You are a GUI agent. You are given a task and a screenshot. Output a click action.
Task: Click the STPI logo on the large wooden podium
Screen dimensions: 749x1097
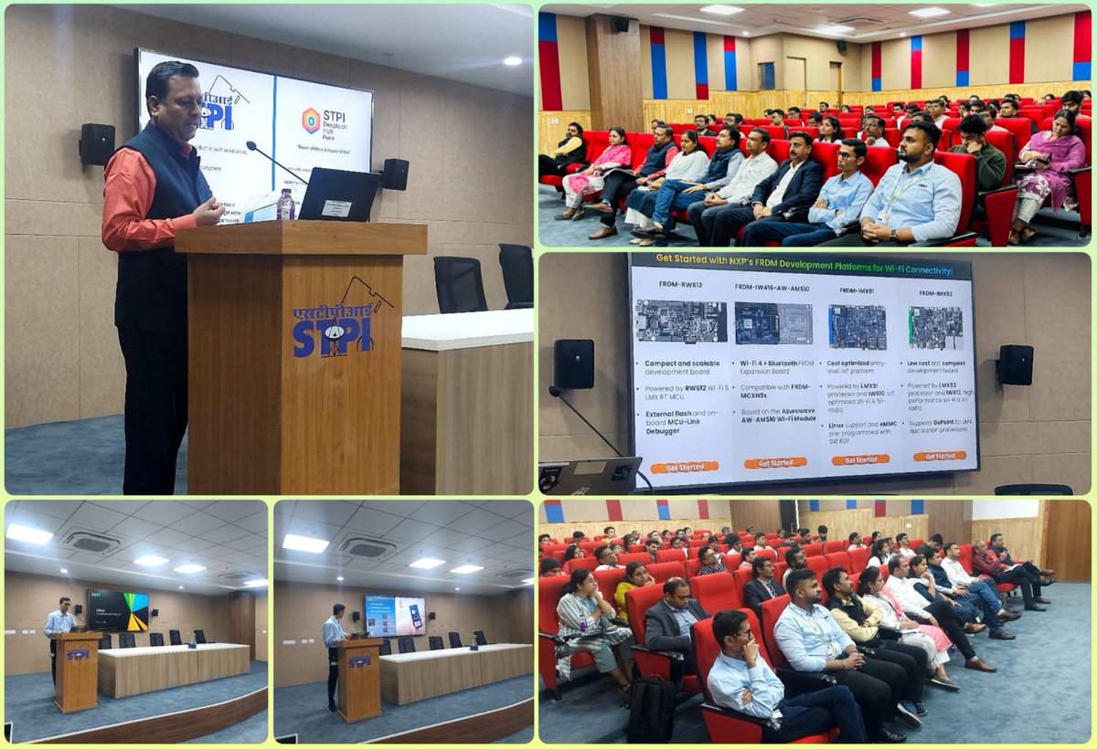335,322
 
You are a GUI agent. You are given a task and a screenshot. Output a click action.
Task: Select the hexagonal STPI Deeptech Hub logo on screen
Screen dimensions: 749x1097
312,120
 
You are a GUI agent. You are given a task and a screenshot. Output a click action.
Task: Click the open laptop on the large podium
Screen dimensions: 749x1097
338,195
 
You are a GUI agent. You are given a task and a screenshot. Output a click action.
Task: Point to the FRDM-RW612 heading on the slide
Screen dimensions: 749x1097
681,286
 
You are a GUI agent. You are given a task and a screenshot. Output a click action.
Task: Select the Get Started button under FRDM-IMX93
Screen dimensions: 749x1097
940,456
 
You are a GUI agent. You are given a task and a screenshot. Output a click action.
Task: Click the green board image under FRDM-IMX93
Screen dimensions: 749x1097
935,327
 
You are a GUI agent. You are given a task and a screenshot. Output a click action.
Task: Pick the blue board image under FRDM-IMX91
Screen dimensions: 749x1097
857,326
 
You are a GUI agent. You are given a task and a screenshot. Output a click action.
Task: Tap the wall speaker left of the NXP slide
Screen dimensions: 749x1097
573,364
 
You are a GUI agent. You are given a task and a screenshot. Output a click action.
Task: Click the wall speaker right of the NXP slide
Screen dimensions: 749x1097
1015,364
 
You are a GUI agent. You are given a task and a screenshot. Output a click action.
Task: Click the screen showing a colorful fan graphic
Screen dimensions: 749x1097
118,609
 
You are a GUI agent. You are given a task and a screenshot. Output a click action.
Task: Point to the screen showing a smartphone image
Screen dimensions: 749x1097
395,616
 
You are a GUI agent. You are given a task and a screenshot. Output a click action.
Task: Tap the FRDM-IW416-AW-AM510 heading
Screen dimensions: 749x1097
773,287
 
